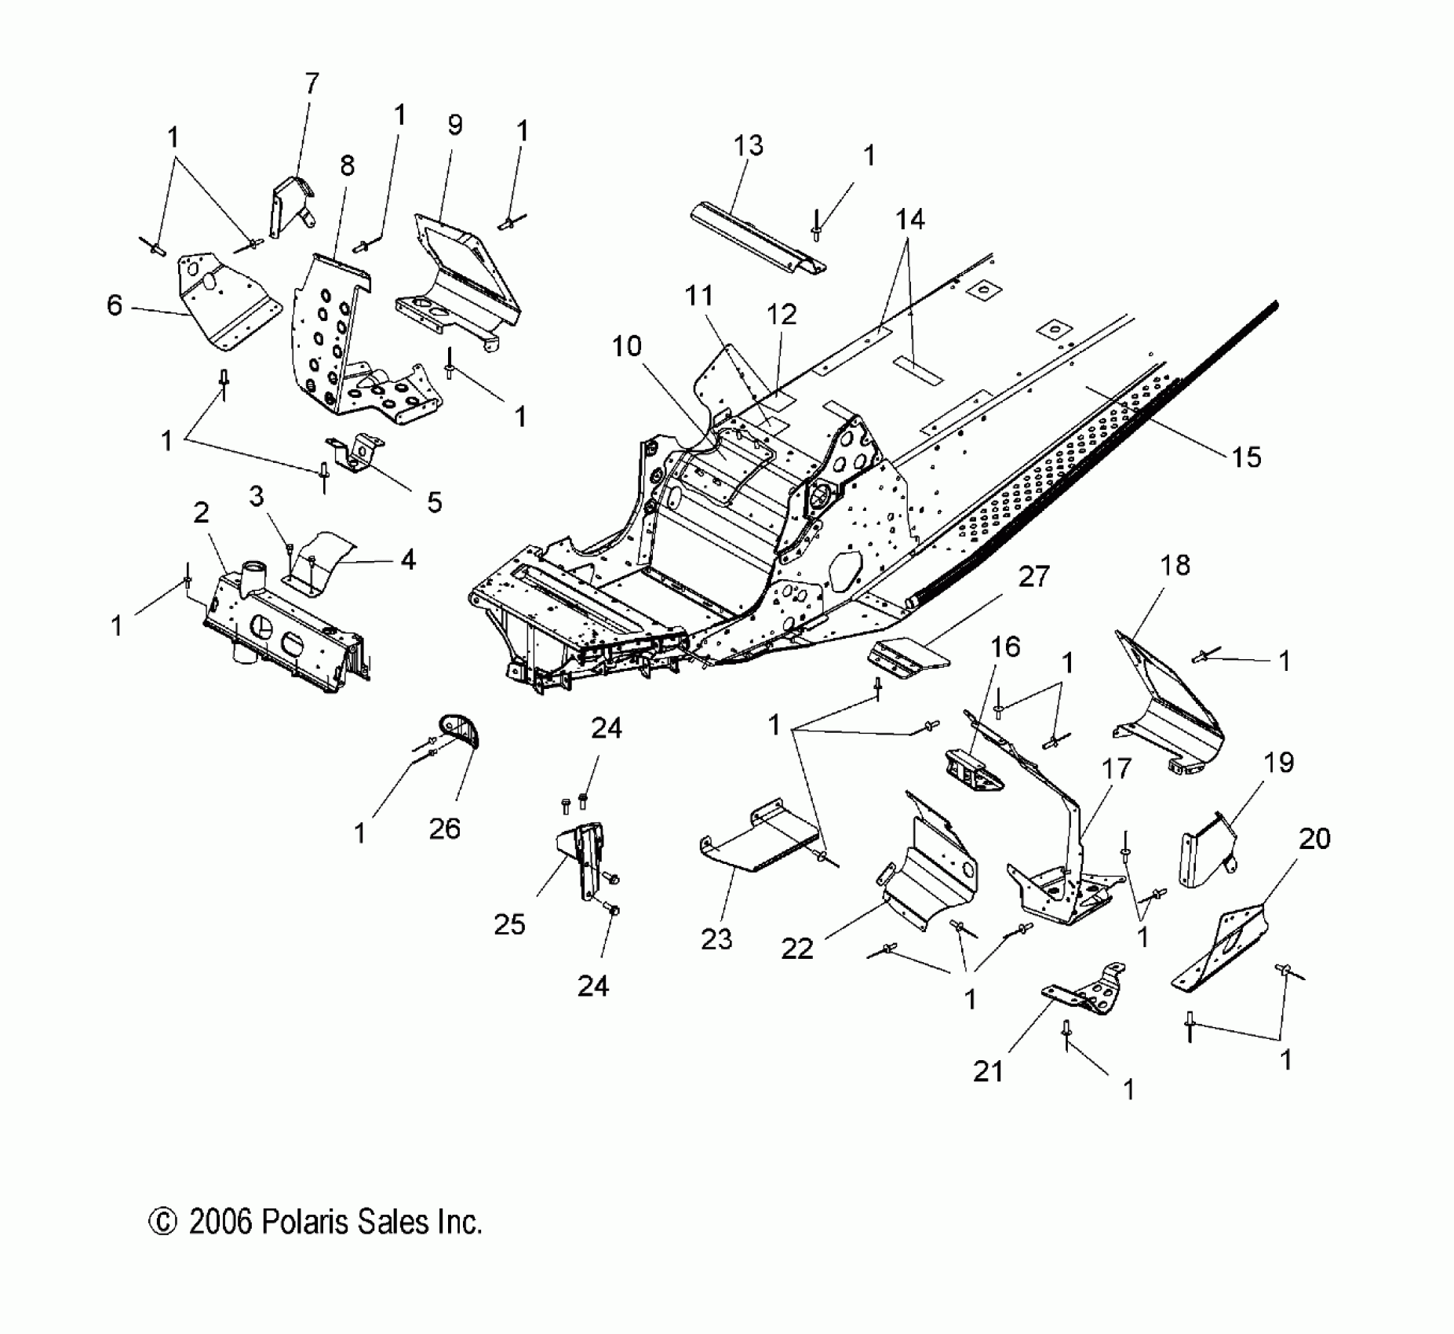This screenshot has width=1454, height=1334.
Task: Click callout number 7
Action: tap(312, 83)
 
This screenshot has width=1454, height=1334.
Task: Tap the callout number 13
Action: tap(748, 146)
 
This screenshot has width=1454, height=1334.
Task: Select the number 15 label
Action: tap(1246, 456)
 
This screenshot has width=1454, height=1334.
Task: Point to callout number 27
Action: tap(1033, 576)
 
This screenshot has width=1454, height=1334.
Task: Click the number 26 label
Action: tap(444, 829)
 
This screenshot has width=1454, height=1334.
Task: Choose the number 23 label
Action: tap(716, 939)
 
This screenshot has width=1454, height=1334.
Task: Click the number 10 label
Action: tap(626, 346)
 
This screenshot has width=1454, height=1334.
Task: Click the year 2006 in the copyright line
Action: tap(220, 1222)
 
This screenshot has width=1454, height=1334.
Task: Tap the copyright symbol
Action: tap(162, 1222)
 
